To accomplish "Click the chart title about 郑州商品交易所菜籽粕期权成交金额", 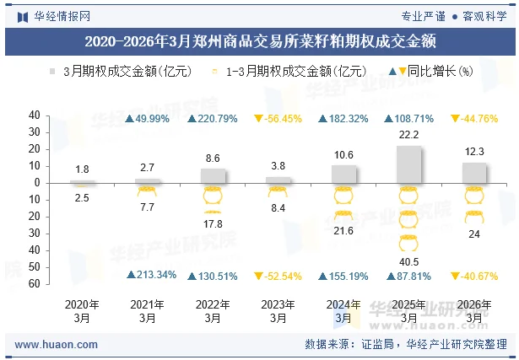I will (x=259, y=40).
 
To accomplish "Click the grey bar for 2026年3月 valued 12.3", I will (x=474, y=172).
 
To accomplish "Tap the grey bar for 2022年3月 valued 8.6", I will (x=213, y=175).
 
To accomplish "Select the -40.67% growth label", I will (x=479, y=275).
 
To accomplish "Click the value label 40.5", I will (x=409, y=262).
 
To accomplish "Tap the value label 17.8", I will (x=213, y=223).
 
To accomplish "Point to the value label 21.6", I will (x=343, y=230).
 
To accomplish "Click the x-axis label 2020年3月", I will (x=82, y=311).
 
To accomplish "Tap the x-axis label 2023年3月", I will (x=278, y=311).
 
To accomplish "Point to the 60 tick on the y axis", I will (x=35, y=284).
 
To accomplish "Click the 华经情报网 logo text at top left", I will (x=62, y=16).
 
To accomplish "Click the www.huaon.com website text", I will (x=57, y=345).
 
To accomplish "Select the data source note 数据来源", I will (x=405, y=345).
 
